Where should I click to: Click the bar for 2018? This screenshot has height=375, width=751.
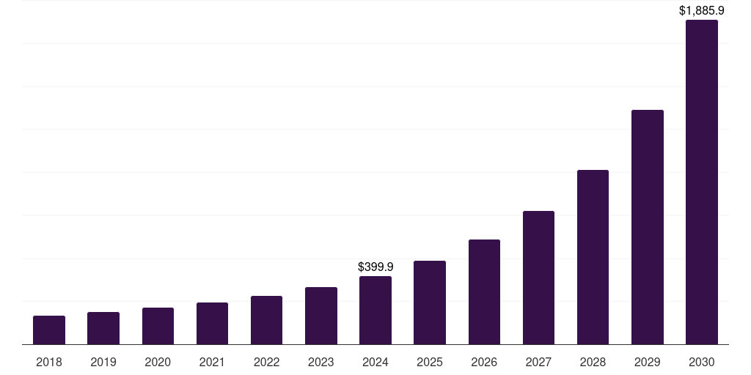point(49,330)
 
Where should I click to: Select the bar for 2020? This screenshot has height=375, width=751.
point(158,326)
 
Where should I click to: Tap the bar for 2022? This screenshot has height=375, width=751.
point(266,320)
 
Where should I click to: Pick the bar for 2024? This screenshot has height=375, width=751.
point(375,310)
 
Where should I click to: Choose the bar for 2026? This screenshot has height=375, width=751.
point(484,292)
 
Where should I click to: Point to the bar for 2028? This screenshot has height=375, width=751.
point(593,257)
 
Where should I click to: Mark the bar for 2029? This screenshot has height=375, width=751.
point(648,227)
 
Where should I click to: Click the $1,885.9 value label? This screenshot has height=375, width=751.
point(702,11)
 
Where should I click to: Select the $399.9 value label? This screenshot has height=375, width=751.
point(375,267)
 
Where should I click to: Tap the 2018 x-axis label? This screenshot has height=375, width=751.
point(49,362)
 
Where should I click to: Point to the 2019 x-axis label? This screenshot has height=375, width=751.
point(103,362)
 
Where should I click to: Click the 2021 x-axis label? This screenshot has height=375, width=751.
point(212,362)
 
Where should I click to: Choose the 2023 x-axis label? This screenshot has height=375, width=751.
point(321,362)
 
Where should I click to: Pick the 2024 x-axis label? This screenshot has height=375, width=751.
point(375,362)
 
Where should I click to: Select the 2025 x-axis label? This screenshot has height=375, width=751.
point(430,362)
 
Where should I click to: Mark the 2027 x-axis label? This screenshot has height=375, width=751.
point(538,362)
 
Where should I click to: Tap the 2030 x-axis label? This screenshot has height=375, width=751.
point(702,362)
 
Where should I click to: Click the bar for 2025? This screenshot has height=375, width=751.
point(430,302)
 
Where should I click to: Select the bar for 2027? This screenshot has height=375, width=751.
point(538,278)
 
